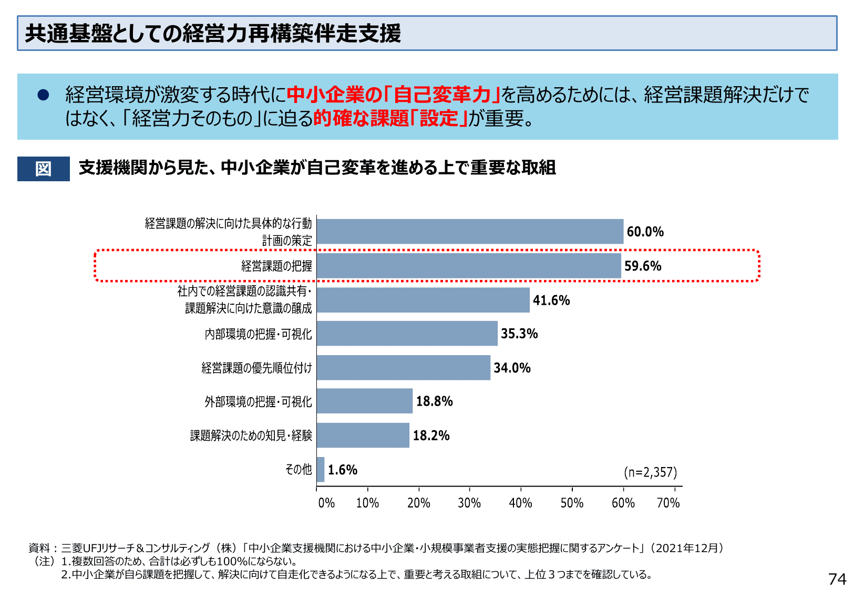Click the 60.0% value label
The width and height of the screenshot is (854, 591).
coord(645,232)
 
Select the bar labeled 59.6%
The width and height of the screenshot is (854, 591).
coord(469,266)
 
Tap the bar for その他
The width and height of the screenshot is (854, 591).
coord(321,469)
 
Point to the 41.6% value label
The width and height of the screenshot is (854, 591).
coord(551,300)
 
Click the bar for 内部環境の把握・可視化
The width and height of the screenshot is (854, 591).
coord(407,334)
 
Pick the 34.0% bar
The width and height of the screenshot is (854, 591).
coord(403,368)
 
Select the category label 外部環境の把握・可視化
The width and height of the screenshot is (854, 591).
coord(258,402)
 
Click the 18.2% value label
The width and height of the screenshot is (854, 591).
coord(431,436)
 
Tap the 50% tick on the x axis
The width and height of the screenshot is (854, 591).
coord(572,503)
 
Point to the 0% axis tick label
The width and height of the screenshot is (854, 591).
coord(326,503)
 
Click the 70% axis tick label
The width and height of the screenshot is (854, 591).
coord(668,503)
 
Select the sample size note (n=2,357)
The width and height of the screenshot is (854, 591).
coord(650,472)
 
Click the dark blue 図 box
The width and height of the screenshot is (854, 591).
coord(44,169)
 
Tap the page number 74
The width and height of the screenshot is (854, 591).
coord(837,579)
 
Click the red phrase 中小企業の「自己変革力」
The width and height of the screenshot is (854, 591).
coord(393,95)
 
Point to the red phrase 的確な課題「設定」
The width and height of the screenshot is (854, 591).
coord(390,119)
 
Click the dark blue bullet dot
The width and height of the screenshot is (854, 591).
coord(43,95)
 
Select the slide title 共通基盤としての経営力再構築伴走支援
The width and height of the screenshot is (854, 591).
coord(213,33)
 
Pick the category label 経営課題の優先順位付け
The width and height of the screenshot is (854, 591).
coord(256,368)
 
